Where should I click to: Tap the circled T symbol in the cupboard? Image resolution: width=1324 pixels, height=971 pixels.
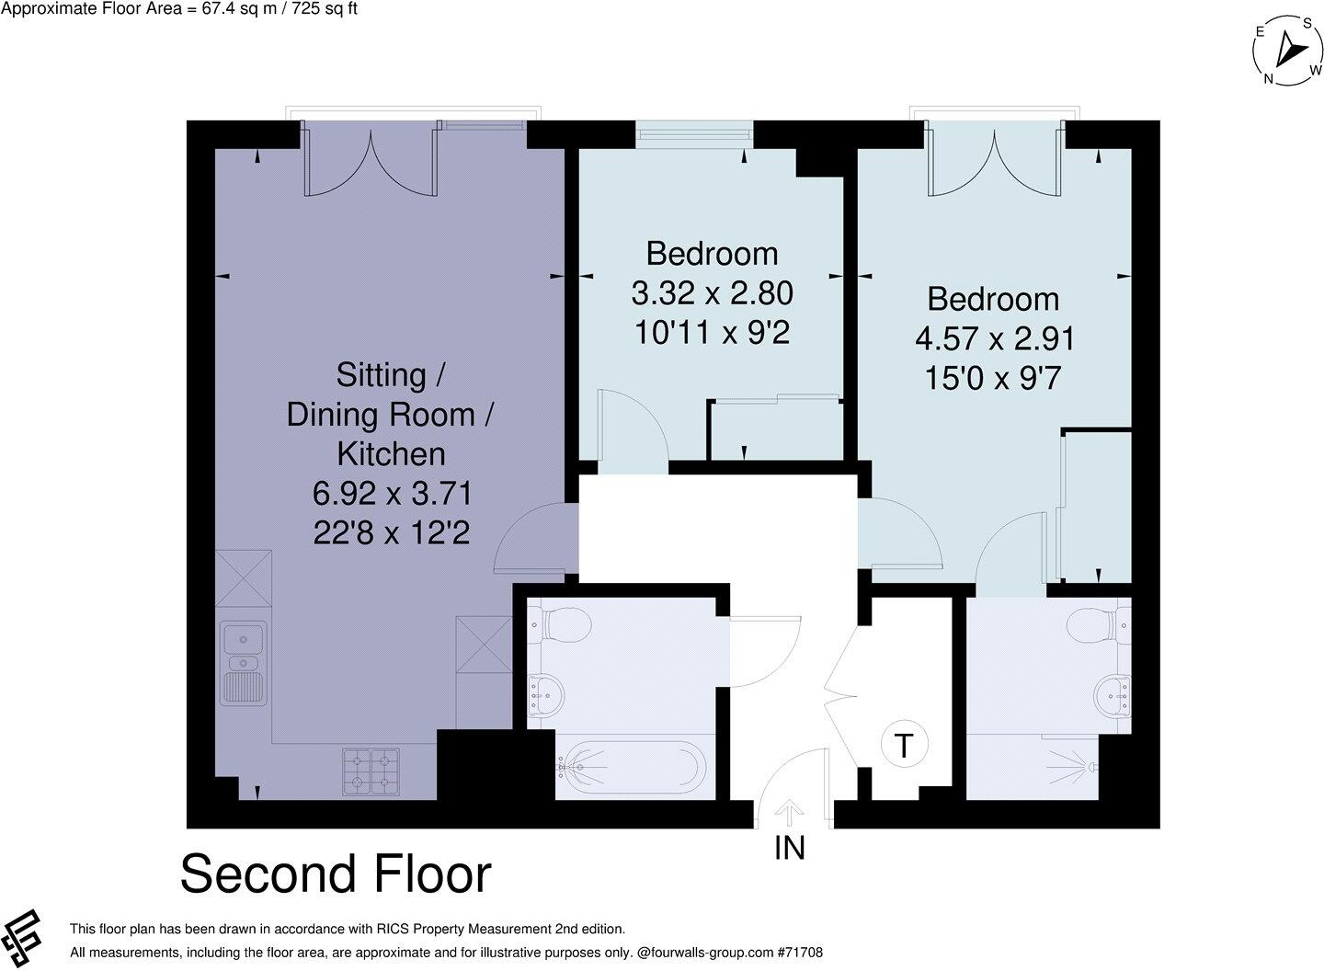[x=905, y=745]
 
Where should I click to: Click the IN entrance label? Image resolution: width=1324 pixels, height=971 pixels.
[x=789, y=847]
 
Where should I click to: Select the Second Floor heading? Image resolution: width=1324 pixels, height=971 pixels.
[x=336, y=874]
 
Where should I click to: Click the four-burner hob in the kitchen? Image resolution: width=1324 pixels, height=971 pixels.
[x=371, y=771]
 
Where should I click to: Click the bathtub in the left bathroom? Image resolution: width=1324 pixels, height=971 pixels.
[x=632, y=765]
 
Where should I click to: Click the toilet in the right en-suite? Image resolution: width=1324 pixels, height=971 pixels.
[x=1097, y=626]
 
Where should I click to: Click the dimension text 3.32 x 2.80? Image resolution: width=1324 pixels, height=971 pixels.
[x=712, y=294]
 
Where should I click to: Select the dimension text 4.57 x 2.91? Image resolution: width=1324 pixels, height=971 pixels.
[x=994, y=339]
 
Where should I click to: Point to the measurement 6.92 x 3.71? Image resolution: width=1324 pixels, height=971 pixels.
[x=392, y=494]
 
